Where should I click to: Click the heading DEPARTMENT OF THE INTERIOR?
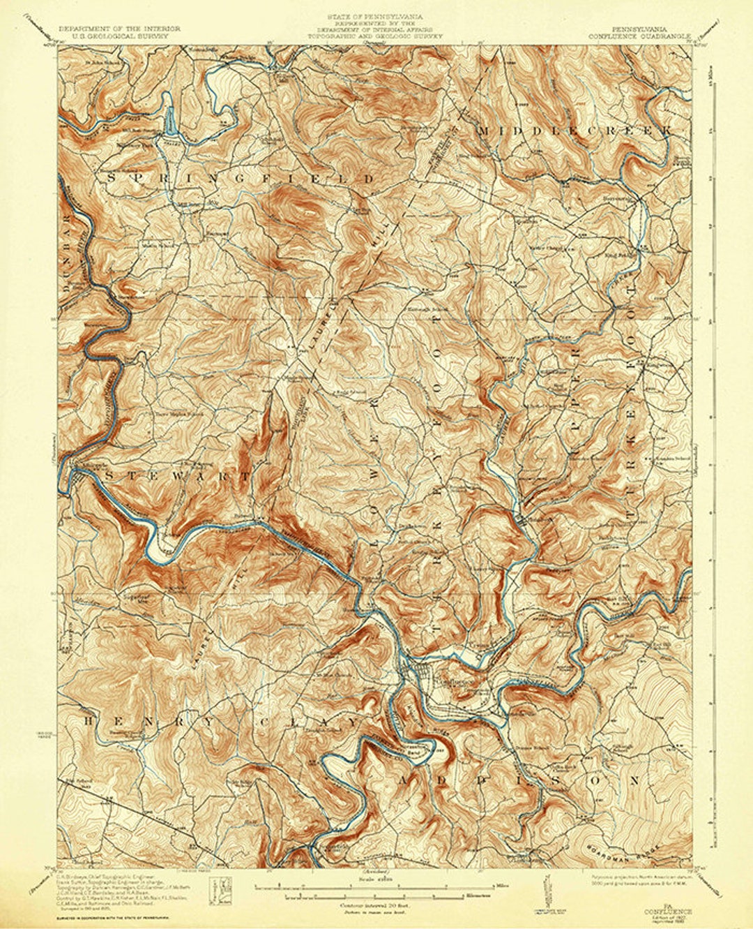(119, 29)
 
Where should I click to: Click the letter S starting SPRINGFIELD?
(112, 179)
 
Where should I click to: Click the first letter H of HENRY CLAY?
(89, 720)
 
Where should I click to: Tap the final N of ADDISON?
(634, 778)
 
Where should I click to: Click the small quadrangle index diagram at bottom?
(222, 890)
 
